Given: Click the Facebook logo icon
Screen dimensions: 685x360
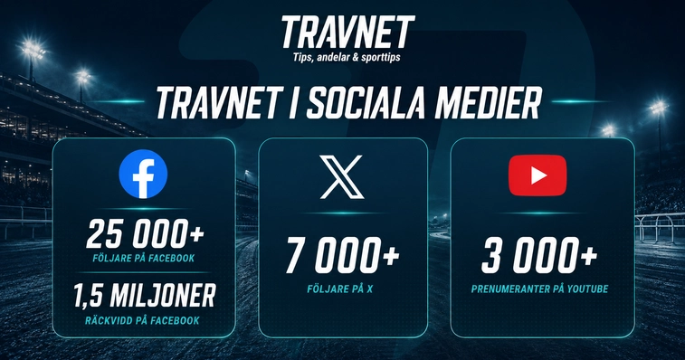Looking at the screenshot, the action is point(143,174).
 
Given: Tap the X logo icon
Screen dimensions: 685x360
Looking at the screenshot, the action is point(342,176).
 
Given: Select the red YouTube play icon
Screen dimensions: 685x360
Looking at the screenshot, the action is point(538,175).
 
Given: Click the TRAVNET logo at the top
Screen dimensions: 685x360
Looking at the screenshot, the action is point(347,33).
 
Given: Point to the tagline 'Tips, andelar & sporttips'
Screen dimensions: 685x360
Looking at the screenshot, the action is point(347,57).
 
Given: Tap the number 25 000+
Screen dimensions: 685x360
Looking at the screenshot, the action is point(145,233).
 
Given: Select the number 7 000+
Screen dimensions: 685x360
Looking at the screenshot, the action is point(342,255).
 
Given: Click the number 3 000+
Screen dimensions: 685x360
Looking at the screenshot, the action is point(539,255).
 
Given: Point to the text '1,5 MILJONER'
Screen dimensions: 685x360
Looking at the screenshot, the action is point(144,296).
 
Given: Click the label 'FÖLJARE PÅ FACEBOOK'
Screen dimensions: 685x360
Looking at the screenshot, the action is point(144,258).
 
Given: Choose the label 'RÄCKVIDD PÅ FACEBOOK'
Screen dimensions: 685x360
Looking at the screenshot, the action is point(142,320).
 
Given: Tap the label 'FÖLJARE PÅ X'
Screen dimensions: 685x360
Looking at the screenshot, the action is point(340,289).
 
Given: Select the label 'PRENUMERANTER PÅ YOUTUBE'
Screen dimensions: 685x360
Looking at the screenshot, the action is point(539,289).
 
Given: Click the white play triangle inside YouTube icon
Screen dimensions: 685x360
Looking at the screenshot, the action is point(538,175).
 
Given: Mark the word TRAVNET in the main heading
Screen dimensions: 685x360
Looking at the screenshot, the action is point(217,103).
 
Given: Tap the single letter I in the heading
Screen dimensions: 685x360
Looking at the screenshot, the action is point(292,103).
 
